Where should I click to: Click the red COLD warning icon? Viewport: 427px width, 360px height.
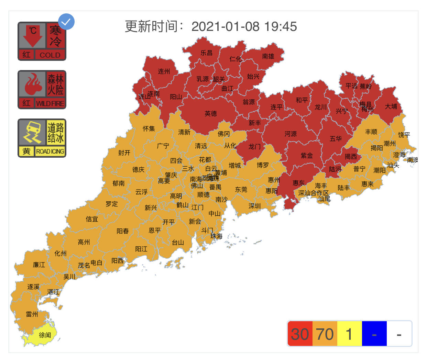click(42, 41)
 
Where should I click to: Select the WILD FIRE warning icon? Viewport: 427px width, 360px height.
click(42, 90)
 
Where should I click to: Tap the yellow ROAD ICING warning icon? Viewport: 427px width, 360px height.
click(42, 138)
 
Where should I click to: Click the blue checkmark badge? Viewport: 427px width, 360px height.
click(66, 22)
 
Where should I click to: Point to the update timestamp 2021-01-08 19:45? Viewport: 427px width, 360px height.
click(244, 26)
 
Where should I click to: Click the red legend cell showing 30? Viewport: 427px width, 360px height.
click(300, 334)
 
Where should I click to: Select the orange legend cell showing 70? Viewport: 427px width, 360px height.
click(325, 334)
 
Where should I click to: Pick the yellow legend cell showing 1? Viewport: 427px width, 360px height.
click(349, 334)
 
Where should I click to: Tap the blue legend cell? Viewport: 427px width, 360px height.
click(374, 334)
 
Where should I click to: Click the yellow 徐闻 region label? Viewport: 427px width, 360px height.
click(45, 335)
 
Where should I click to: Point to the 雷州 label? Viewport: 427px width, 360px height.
click(32, 314)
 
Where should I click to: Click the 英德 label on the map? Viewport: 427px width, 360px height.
click(210, 113)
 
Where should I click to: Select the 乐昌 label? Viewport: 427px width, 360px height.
click(206, 53)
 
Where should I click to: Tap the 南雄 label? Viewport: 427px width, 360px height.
click(268, 56)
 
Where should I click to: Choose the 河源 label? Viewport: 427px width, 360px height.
click(291, 134)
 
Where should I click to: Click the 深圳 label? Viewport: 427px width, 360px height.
click(254, 206)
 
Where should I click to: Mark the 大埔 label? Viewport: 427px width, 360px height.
click(391, 106)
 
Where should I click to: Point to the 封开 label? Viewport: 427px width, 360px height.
click(124, 153)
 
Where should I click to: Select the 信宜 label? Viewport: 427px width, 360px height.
click(92, 219)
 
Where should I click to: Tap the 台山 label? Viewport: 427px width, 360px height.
click(178, 243)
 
